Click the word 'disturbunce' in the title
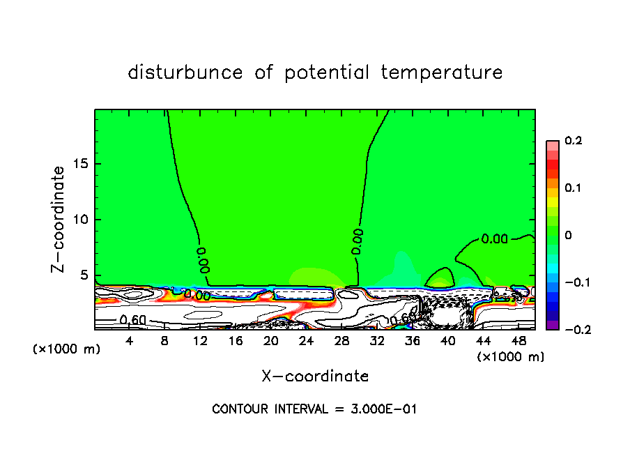185,72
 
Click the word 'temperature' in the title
443,73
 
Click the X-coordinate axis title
315,377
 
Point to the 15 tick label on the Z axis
79,164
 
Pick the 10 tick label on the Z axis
79,220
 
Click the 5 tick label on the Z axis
83,275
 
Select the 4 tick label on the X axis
130,341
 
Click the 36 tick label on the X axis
413,341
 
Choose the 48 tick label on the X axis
518,341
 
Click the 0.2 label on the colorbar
573,141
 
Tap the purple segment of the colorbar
553,324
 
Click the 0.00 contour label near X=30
357,241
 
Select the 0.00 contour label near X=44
495,239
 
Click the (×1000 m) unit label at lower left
67,349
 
